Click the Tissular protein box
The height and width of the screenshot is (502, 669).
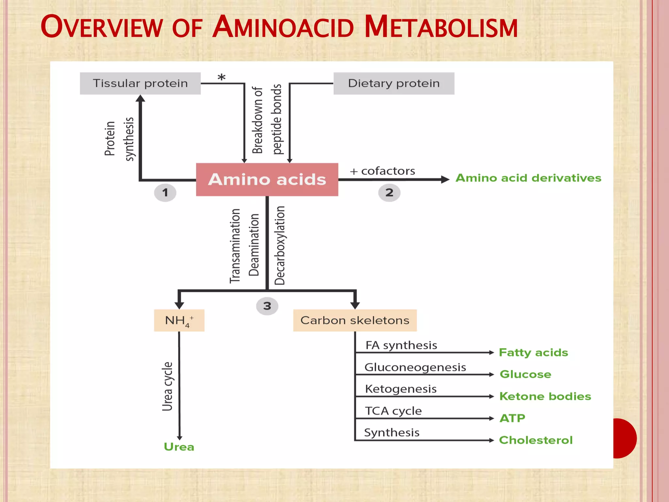[x=140, y=83]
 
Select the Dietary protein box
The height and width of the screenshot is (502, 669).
[x=394, y=83]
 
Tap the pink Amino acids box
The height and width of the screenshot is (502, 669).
[x=267, y=179]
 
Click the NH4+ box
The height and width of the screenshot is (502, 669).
[x=179, y=320]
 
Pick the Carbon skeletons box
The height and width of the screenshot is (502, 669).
[x=355, y=320]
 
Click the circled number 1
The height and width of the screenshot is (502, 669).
[x=165, y=192]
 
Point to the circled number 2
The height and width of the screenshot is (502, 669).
[x=389, y=192]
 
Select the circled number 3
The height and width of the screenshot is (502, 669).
[x=267, y=306]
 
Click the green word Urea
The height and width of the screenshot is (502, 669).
[x=179, y=447]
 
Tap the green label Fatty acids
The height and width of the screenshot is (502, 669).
[x=533, y=352]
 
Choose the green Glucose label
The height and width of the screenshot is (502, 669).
[x=525, y=374]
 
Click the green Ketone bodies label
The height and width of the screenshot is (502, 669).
[x=545, y=396]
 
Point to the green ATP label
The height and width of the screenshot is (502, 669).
[x=512, y=418]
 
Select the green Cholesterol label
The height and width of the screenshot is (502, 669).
[x=536, y=440]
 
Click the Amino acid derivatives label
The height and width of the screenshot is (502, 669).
[x=529, y=178]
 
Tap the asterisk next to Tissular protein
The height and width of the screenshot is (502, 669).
[x=221, y=78]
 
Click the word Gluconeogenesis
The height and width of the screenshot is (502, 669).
[x=415, y=367]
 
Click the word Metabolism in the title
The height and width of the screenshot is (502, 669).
[x=441, y=27]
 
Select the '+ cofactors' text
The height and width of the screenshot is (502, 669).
[x=383, y=171]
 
